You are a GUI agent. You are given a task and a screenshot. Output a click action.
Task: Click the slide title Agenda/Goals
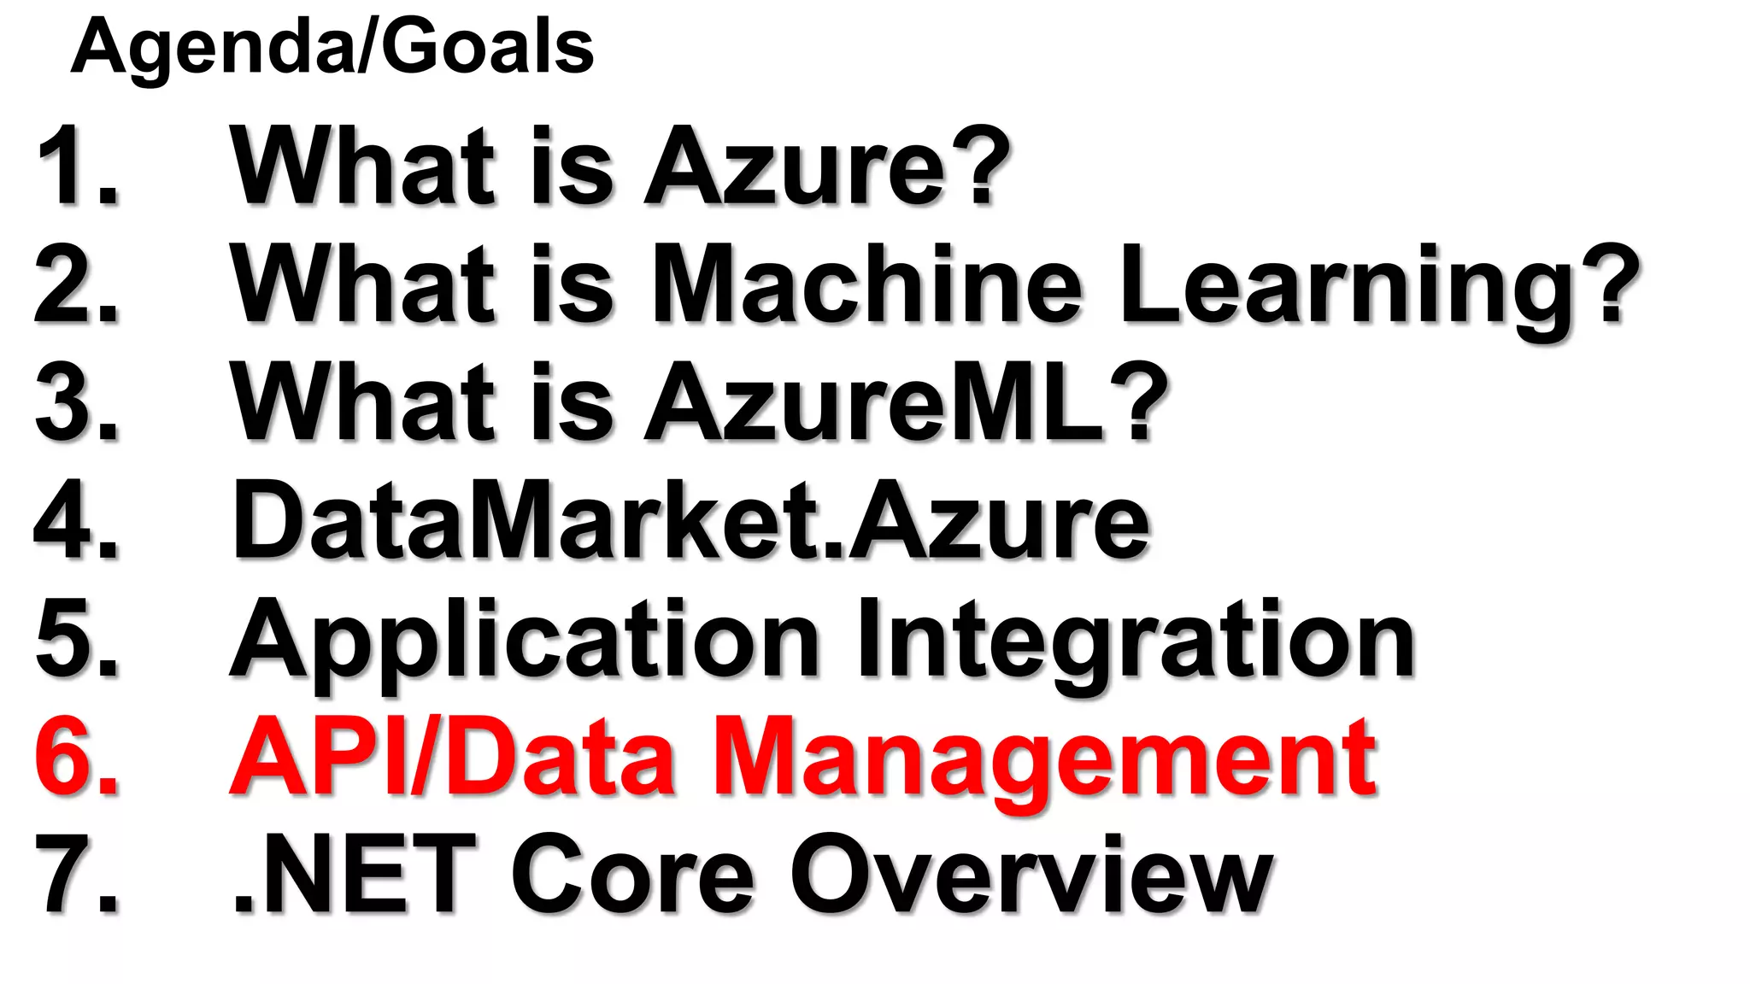[x=332, y=48]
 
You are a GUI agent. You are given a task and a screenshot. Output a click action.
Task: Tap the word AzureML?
[x=906, y=401]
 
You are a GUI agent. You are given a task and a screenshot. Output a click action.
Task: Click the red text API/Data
[x=453, y=757]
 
